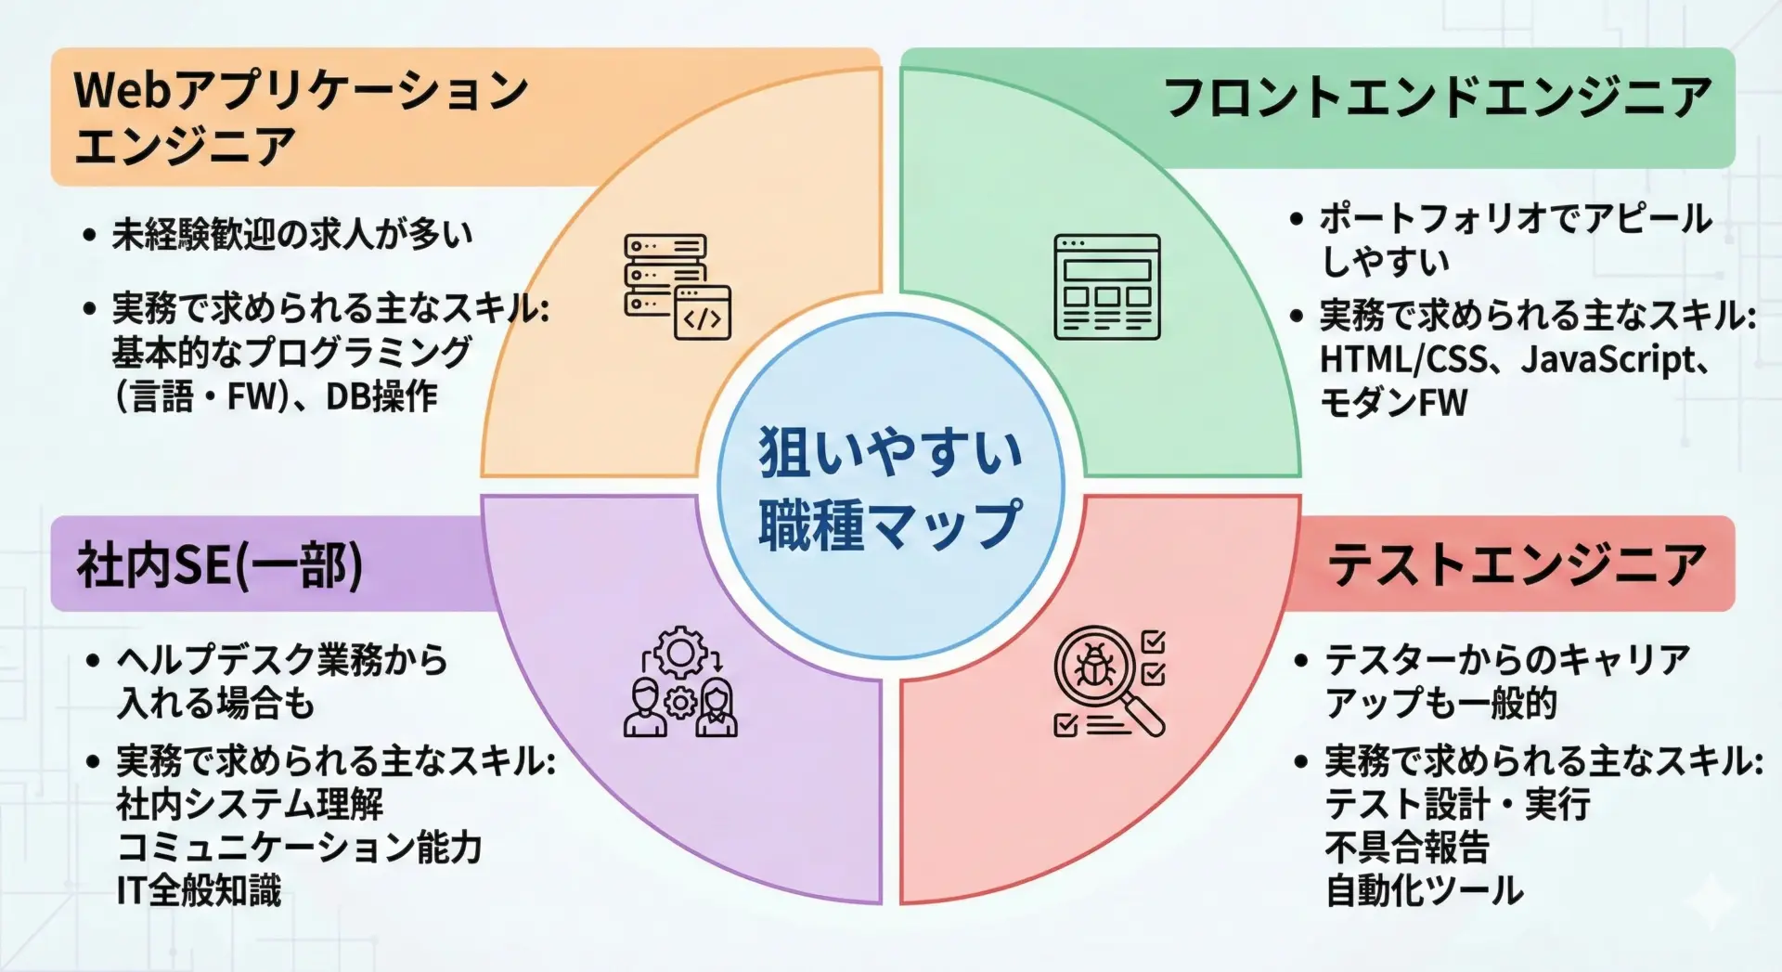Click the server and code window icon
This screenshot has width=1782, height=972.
pos(678,287)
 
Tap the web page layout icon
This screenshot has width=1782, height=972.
pos(1107,287)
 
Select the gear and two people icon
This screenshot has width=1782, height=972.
pos(680,682)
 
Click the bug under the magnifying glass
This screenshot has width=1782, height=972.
pos(1095,666)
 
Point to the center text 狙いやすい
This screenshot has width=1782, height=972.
pos(891,452)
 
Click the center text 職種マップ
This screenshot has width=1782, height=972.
pos(891,525)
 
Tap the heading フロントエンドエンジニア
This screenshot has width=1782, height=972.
pos(1438,98)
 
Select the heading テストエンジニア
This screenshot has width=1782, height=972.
pos(1517,564)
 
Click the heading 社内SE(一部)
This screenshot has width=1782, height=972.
pos(220,565)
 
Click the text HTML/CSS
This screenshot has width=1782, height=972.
pos(1403,359)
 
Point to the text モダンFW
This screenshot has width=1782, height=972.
pos(1394,403)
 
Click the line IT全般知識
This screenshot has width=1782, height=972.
pos(199,890)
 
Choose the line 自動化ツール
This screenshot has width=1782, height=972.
pos(1425,890)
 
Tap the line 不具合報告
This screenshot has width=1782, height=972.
pos(1407,848)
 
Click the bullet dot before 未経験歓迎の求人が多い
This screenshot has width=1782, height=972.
pos(89,235)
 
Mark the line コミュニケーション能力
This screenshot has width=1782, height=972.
pos(299,848)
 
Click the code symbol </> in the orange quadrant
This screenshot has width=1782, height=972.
pos(703,319)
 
